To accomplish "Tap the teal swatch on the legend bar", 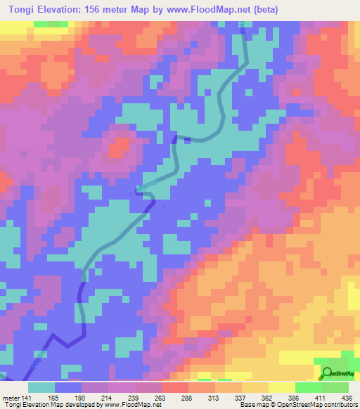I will pyautogui.click(x=41, y=387).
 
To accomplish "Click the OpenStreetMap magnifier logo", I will pyautogui.click(x=326, y=374).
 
